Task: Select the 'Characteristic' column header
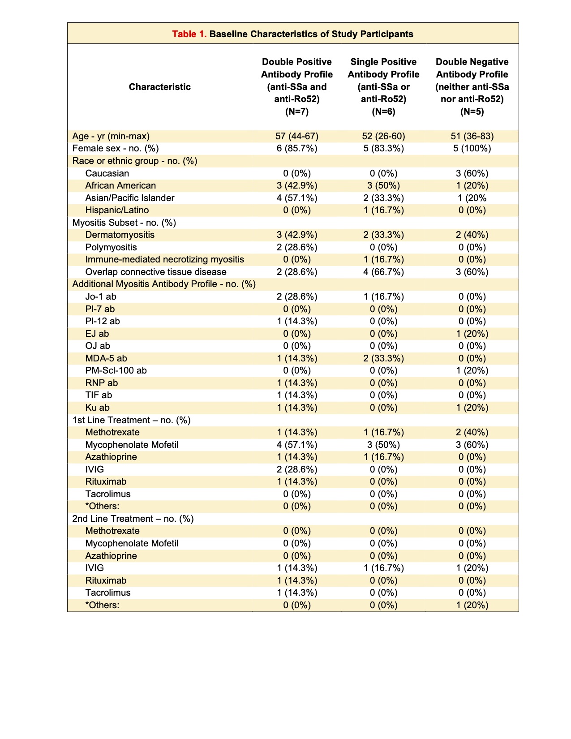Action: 159,87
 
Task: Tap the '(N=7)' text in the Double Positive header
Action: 296,112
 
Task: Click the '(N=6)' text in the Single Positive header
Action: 383,112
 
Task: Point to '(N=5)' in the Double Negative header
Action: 472,112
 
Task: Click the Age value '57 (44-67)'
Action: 296,136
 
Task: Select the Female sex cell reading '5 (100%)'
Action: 472,148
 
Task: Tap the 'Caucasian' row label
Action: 107,173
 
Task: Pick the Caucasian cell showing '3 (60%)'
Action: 472,173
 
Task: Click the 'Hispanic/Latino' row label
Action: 117,210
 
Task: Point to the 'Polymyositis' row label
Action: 111,247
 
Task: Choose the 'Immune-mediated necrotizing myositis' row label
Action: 164,259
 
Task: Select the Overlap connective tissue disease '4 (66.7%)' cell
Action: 383,272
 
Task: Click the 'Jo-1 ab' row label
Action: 101,296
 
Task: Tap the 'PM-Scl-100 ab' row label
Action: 116,370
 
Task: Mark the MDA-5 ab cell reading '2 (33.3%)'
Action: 383,358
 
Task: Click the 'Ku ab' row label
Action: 97,408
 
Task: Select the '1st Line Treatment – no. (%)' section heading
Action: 131,420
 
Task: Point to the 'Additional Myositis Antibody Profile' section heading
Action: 164,284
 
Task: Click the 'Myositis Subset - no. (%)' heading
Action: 124,223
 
